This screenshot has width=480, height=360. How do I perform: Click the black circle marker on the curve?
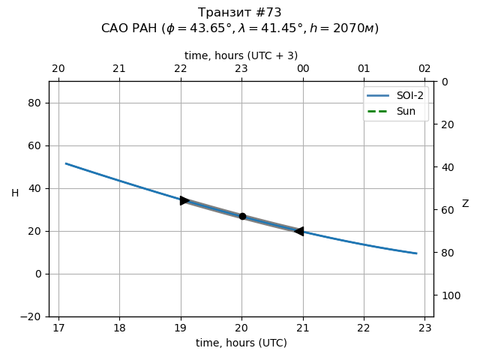coord(242,216)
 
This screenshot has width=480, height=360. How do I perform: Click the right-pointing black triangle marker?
coord(184,200)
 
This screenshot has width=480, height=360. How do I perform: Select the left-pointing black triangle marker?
coord(298,231)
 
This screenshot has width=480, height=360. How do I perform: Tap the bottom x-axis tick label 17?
coord(58,328)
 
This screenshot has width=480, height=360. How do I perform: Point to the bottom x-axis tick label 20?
coord(241,328)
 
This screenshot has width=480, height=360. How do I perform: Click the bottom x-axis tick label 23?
coord(424,328)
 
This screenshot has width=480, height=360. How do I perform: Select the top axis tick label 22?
coord(180,69)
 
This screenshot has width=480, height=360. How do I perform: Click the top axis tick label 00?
coord(302,69)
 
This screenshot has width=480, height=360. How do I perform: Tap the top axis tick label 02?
coord(424,69)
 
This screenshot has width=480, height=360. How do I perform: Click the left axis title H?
coord(15,193)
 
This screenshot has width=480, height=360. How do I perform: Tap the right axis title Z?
coord(465,204)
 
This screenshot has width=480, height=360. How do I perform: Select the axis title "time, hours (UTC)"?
coord(241,343)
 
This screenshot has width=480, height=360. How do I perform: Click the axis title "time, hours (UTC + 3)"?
coord(241,55)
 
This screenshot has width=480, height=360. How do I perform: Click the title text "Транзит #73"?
coord(240,13)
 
